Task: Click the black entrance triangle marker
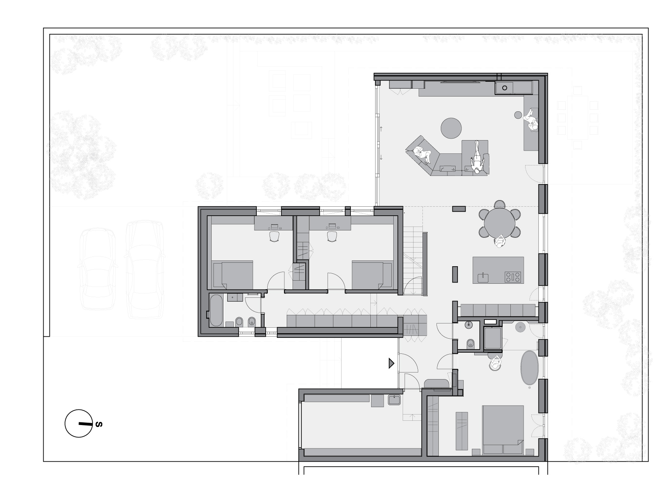pyautogui.click(x=391, y=364)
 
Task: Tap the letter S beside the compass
pyautogui.click(x=99, y=424)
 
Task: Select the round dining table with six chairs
pyautogui.click(x=500, y=219)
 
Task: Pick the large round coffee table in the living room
pyautogui.click(x=451, y=128)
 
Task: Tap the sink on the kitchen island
pyautogui.click(x=483, y=278)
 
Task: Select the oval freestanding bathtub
pyautogui.click(x=529, y=368)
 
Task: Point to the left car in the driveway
pyautogui.click(x=97, y=269)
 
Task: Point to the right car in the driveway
pyautogui.click(x=144, y=270)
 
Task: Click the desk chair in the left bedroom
pyautogui.click(x=274, y=237)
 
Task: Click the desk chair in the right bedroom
pyautogui.click(x=332, y=236)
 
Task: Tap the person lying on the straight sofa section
pyautogui.click(x=477, y=158)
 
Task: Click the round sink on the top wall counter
pyautogui.click(x=505, y=88)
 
